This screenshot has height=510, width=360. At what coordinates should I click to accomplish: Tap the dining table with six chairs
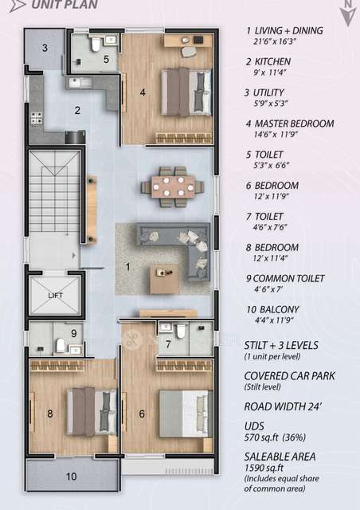(x=168, y=186)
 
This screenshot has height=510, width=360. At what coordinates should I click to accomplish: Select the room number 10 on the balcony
(x=72, y=477)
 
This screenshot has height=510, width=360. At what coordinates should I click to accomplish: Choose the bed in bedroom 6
(x=184, y=413)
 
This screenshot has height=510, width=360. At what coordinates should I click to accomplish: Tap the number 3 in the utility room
(x=45, y=48)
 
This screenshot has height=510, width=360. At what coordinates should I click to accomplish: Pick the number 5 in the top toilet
(x=106, y=58)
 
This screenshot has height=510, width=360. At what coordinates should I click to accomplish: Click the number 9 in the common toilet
(x=73, y=333)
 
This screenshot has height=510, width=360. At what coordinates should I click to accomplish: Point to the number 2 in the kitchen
(x=78, y=111)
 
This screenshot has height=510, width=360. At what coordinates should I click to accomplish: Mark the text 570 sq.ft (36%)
(x=275, y=439)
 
